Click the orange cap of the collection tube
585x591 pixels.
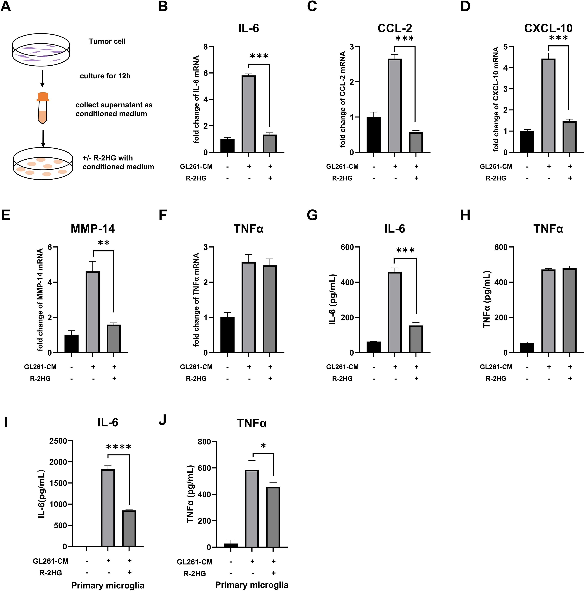point(43,97)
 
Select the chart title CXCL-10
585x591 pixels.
point(548,28)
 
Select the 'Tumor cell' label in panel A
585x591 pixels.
point(107,41)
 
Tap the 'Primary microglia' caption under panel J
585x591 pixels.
point(251,585)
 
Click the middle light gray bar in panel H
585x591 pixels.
point(548,311)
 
